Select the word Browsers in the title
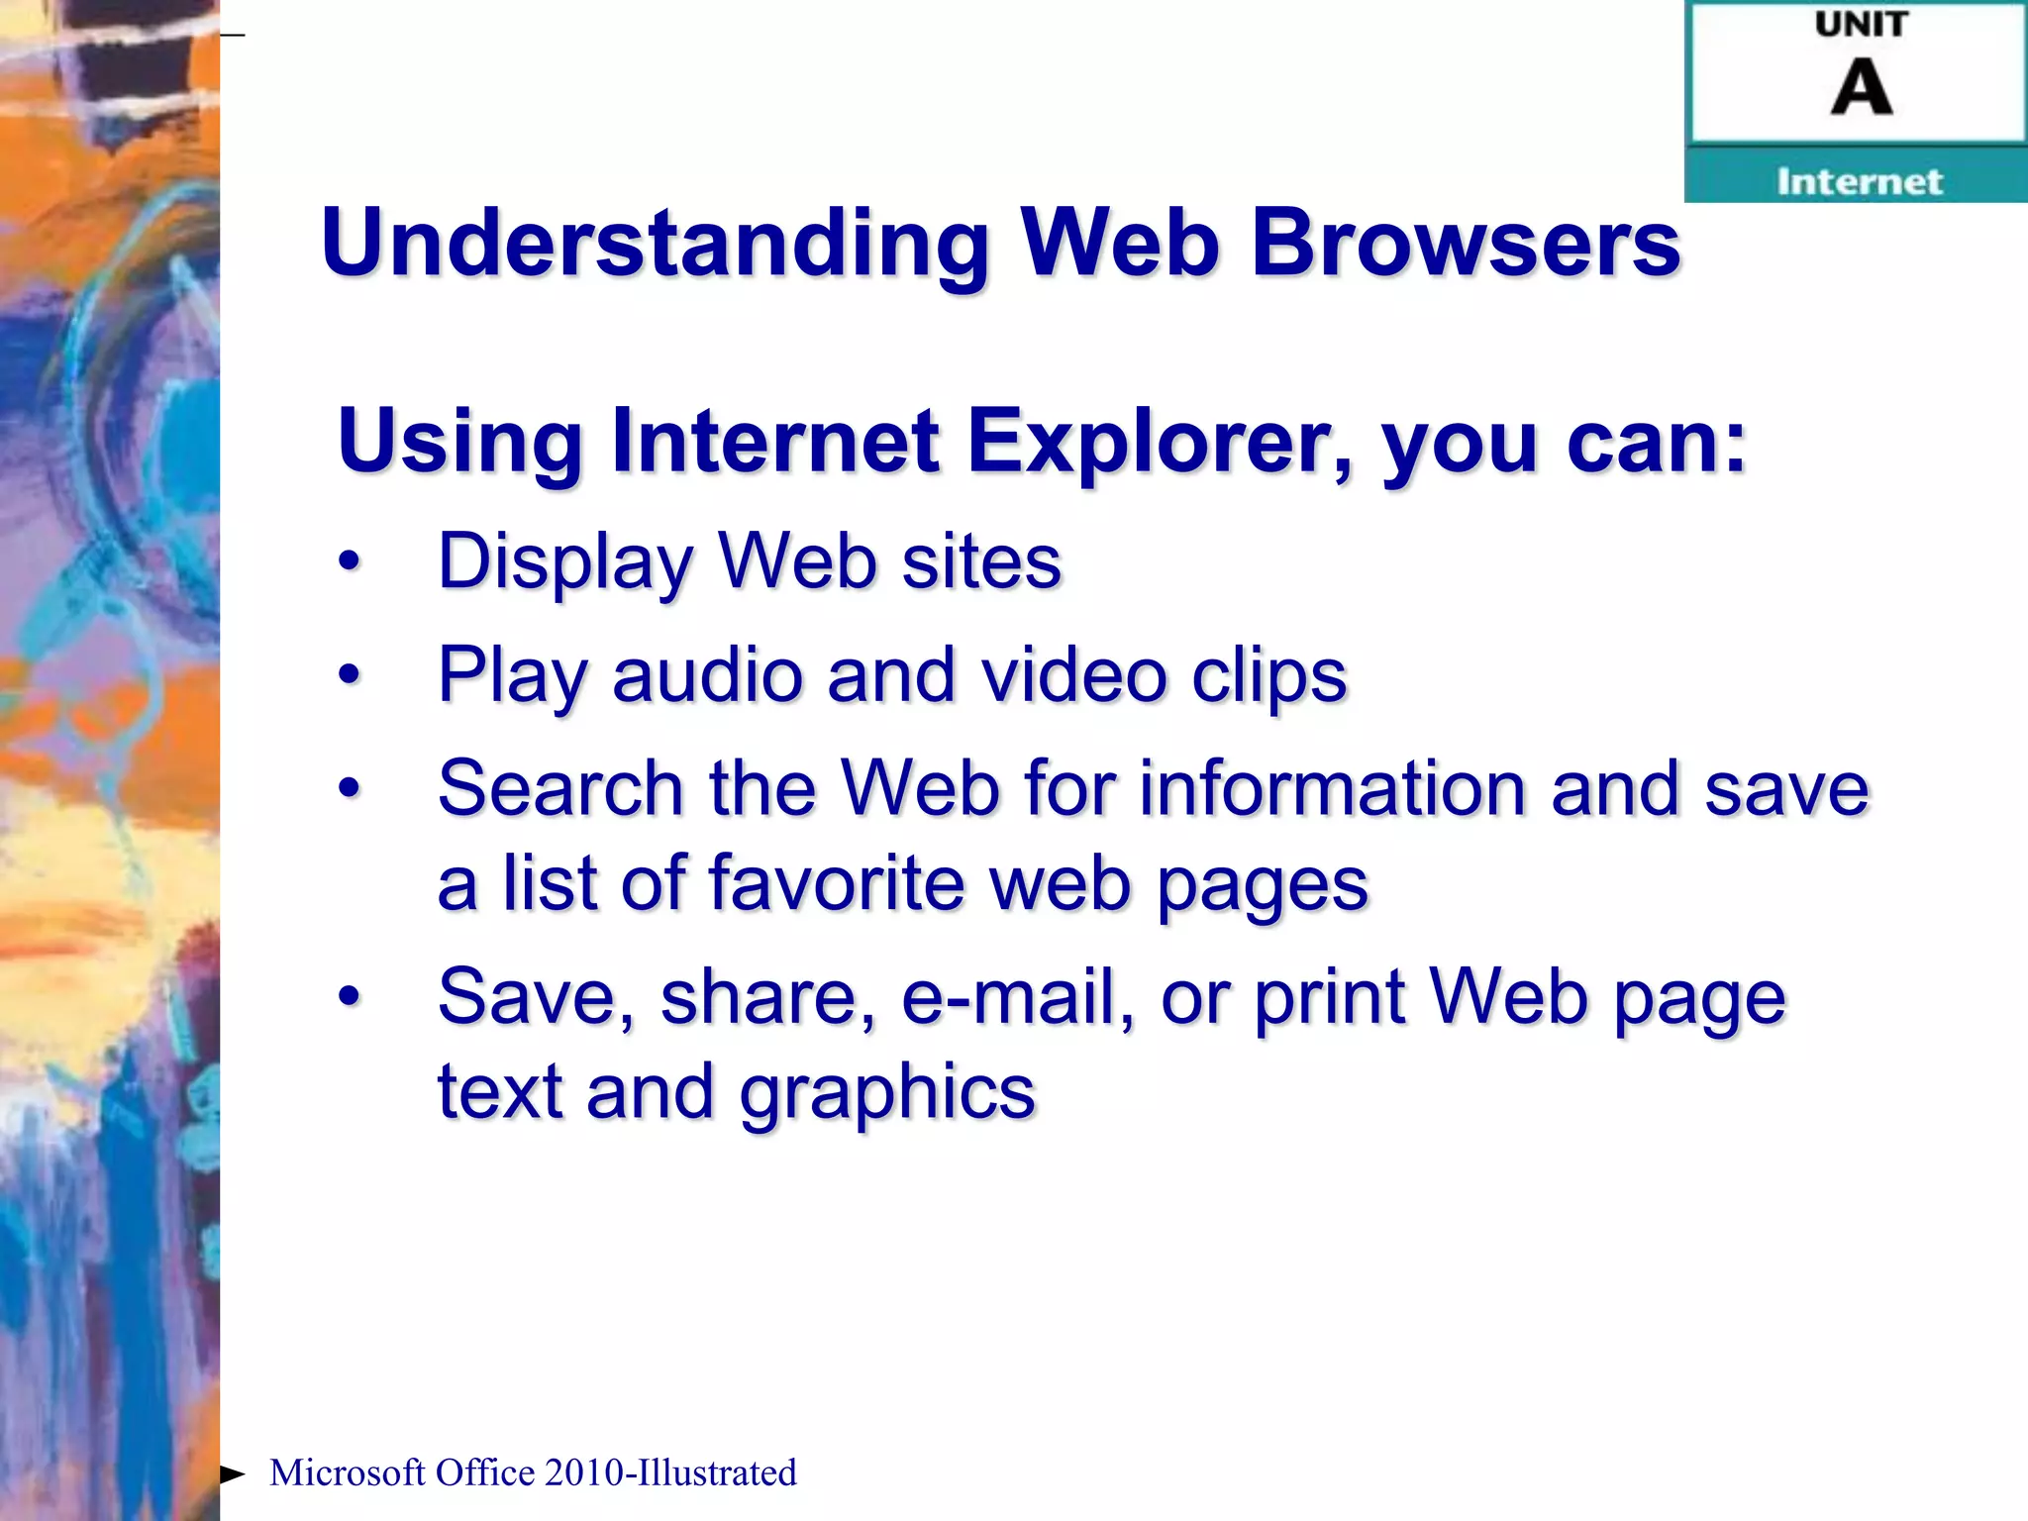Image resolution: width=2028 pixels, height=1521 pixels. tap(1465, 244)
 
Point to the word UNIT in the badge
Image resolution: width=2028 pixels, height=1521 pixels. tap(1861, 24)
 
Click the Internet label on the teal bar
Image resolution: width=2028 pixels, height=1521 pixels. tap(1859, 181)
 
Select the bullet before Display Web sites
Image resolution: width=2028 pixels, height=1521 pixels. tap(349, 561)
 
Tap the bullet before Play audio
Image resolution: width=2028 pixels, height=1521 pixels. tap(349, 675)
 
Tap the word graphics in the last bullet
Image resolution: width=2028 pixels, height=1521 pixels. tap(887, 1092)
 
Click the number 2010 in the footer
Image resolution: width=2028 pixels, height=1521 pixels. tap(583, 1472)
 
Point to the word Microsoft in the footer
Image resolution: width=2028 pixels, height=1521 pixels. tap(348, 1472)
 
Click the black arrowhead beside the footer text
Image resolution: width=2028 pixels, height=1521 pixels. tap(232, 1474)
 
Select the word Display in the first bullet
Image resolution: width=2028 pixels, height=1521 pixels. tap(565, 561)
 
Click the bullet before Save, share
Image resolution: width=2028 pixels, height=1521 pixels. tap(349, 996)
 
